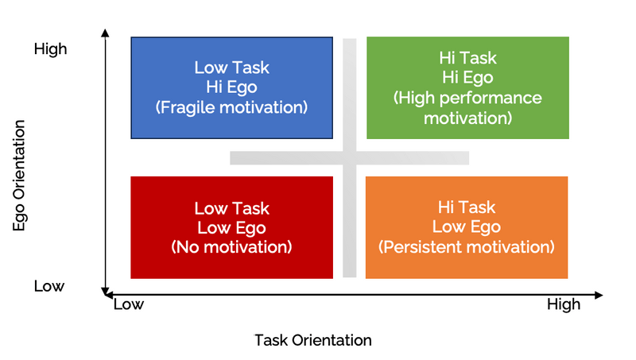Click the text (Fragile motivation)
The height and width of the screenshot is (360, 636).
click(231, 106)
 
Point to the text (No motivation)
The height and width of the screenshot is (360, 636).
click(231, 246)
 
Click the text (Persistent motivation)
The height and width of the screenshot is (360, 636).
click(467, 246)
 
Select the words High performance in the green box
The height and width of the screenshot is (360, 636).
click(467, 99)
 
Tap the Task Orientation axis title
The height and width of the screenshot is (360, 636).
click(312, 340)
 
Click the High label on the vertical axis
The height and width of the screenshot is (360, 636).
click(50, 49)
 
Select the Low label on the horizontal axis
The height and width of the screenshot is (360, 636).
click(129, 304)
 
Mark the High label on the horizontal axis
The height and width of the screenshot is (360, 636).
click(563, 304)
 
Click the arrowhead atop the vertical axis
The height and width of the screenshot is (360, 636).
click(105, 34)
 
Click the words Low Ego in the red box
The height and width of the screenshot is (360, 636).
click(231, 228)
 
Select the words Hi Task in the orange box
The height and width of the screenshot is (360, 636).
click(467, 207)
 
